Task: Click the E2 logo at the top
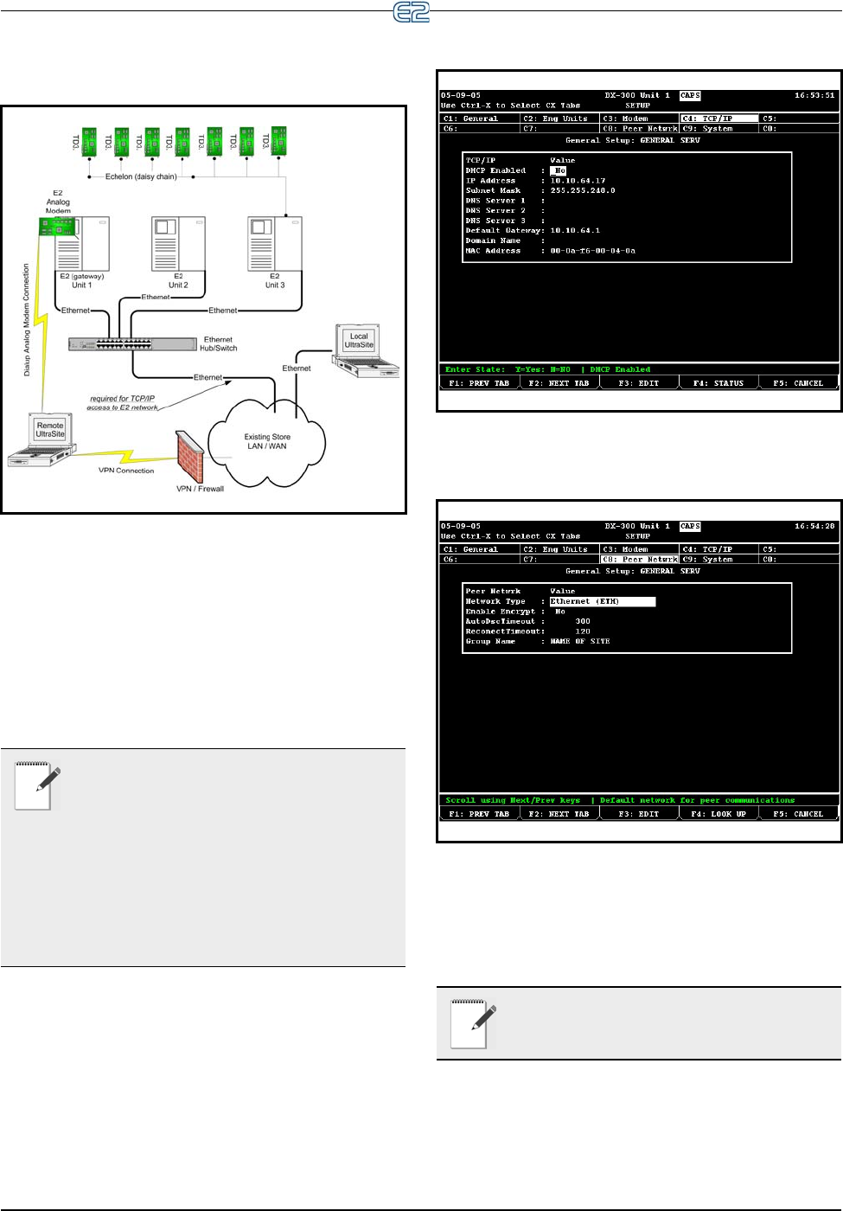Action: pyautogui.click(x=412, y=12)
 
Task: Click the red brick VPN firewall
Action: pyautogui.click(x=189, y=456)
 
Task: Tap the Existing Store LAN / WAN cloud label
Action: pyautogui.click(x=267, y=442)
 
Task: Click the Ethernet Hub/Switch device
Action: pyautogui.click(x=131, y=343)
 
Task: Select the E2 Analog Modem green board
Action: pyautogui.click(x=57, y=227)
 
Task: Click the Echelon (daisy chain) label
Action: pyautogui.click(x=141, y=176)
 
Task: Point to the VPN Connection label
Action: pyautogui.click(x=126, y=471)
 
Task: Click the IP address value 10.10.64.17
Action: pyautogui.click(x=578, y=181)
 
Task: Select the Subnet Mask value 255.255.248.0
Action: pyautogui.click(x=583, y=190)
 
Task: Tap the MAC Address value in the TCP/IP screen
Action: pyautogui.click(x=592, y=251)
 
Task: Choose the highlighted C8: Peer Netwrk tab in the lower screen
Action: pyautogui.click(x=640, y=560)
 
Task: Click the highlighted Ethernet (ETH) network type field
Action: pyautogui.click(x=602, y=601)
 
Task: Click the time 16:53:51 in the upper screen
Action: pyautogui.click(x=814, y=95)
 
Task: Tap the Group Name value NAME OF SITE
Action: pyautogui.click(x=580, y=641)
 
